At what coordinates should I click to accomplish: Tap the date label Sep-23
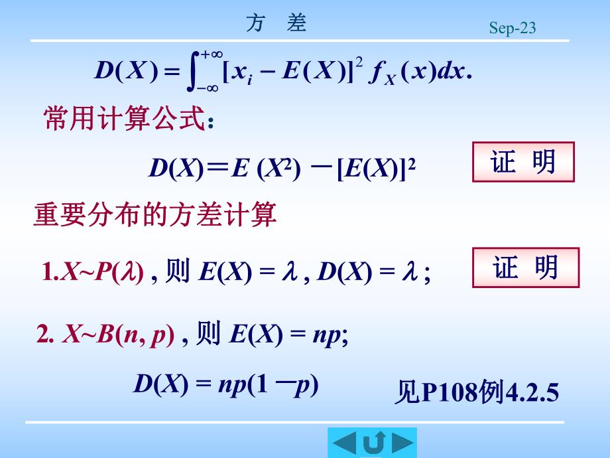(512, 28)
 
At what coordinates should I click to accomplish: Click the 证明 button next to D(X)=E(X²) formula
(522, 162)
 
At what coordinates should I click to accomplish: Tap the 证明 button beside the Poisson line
(526, 267)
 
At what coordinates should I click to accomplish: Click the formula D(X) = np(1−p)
(226, 384)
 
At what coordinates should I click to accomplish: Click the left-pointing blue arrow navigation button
(344, 443)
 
